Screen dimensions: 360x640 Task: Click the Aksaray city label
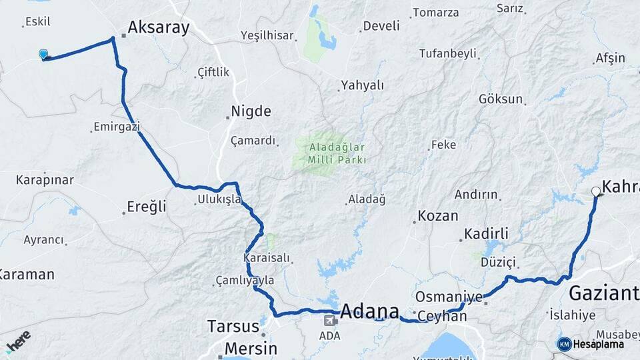click(158, 27)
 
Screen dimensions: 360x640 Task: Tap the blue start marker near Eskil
click(43, 54)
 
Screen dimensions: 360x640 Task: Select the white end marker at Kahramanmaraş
click(596, 191)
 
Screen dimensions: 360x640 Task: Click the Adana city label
click(370, 311)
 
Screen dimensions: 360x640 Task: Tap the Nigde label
click(251, 111)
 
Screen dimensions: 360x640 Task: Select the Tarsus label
click(233, 327)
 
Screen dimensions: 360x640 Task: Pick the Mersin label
click(250, 348)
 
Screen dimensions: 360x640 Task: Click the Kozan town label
click(438, 216)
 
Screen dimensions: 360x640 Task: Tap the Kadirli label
click(486, 233)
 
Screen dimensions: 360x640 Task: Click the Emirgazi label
click(116, 126)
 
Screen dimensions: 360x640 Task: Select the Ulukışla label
click(219, 199)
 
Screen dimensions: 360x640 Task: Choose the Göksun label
click(501, 99)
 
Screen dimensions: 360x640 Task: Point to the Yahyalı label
click(363, 85)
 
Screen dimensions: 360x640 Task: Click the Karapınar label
click(45, 180)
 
